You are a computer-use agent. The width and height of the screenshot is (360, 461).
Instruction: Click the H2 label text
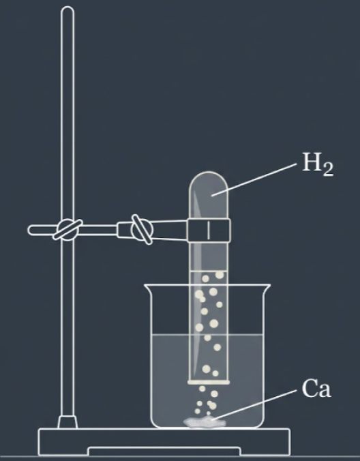tap(318, 164)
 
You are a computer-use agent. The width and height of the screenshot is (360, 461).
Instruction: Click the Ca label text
tap(316, 388)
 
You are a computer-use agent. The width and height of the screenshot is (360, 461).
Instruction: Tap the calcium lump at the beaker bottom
tap(205, 423)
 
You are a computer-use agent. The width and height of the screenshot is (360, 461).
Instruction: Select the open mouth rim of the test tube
tap(209, 382)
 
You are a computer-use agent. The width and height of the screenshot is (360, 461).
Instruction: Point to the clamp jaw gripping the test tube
tap(209, 230)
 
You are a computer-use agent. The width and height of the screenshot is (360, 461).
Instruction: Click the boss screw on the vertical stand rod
tap(67, 229)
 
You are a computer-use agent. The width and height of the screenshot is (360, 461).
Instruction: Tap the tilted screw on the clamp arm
tap(141, 229)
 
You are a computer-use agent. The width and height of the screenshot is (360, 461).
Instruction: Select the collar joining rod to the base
tap(67, 422)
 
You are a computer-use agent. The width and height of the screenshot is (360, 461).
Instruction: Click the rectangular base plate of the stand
tap(164, 442)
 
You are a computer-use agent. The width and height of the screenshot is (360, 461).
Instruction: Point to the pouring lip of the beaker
tap(148, 287)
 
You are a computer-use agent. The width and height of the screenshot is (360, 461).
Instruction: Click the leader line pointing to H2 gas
tap(254, 179)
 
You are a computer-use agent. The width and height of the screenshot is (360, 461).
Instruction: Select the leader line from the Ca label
tap(254, 404)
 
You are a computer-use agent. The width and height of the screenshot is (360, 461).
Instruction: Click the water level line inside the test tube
tap(209, 271)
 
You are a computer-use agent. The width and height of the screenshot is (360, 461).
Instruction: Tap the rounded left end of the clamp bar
tap(31, 230)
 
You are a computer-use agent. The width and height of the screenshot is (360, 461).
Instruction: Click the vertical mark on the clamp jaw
tap(209, 230)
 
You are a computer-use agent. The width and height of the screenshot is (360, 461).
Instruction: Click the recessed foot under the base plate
tap(164, 451)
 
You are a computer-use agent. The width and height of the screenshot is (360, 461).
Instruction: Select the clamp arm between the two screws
tap(99, 230)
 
